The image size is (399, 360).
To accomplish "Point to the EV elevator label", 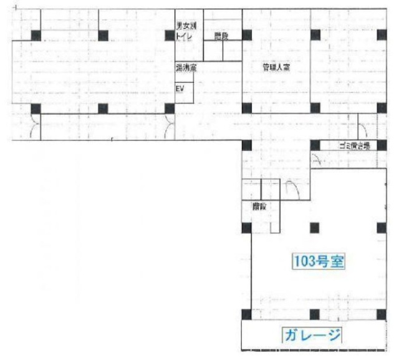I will (180, 89).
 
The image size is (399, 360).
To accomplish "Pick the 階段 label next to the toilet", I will (221, 36).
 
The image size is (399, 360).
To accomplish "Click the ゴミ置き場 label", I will (354, 145).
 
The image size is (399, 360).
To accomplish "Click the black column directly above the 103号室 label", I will (315, 226).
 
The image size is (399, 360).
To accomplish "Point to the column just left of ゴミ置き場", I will (315, 146).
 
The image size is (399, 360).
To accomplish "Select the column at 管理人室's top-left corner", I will (247, 34).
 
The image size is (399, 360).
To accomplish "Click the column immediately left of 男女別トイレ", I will (169, 35).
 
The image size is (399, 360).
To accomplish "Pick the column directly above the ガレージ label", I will (315, 314).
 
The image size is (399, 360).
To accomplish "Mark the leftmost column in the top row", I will (36, 35).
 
